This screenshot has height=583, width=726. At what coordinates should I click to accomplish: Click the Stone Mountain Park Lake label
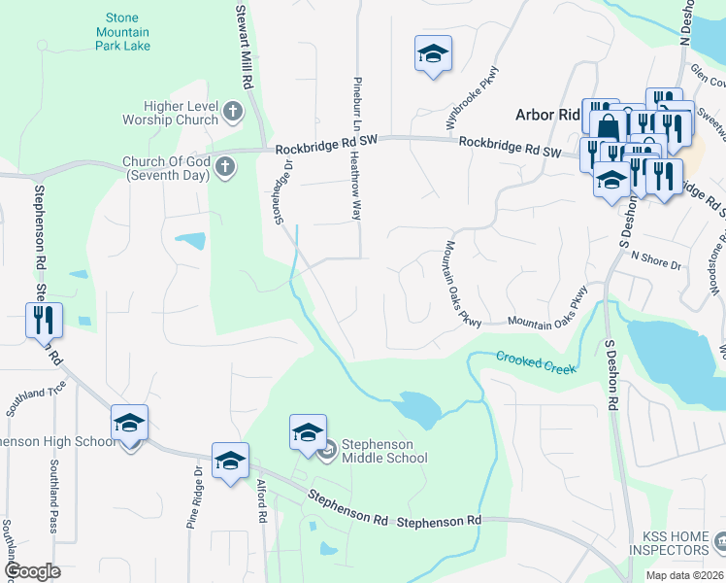pos(123,32)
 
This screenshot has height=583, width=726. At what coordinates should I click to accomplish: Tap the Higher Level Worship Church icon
pos(232,113)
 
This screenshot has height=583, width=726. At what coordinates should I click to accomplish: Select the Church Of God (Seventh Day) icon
pos(224,168)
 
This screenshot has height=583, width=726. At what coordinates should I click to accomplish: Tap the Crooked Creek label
pos(536,361)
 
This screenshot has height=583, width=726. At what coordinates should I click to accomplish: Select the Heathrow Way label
pos(355,185)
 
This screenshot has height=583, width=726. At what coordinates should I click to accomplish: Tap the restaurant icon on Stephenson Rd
pos(44,320)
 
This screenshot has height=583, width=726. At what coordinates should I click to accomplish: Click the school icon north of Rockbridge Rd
pos(433,53)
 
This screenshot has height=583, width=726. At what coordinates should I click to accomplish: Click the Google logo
pos(32,572)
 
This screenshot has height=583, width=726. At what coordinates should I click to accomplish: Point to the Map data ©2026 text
pos(684,575)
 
